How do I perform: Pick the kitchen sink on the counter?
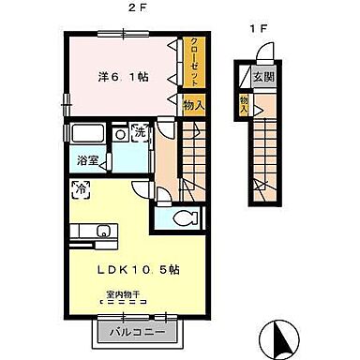coord(104,232)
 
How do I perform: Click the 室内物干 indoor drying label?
coord(122,294)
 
